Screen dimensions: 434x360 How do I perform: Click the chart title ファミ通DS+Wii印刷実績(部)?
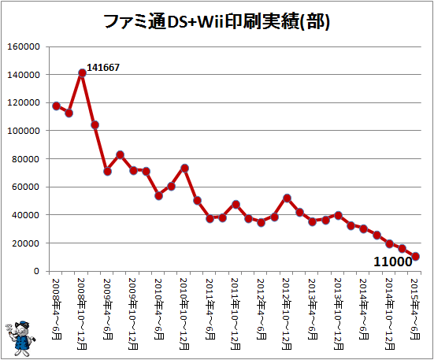coord(217,22)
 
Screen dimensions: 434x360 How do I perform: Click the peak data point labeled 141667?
coord(82,73)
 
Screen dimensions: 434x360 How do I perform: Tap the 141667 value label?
coord(103,67)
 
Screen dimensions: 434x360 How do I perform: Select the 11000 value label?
coord(393,262)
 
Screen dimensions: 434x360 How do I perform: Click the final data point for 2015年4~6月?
coord(415,256)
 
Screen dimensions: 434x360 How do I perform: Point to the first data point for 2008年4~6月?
coord(56,106)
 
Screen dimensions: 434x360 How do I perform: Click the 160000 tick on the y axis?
coord(24,46)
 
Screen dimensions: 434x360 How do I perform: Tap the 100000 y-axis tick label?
coord(24,131)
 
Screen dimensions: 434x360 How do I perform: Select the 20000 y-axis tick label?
coord(26,243)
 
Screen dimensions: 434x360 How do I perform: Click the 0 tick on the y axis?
coord(37,271)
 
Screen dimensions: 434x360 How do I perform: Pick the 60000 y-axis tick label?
coord(26,187)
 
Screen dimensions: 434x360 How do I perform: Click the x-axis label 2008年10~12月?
coord(81,314)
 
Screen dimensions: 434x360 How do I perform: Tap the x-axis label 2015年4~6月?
coord(415,309)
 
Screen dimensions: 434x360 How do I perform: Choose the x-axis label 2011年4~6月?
coord(210,309)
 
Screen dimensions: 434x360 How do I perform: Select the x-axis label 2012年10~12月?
coord(287,314)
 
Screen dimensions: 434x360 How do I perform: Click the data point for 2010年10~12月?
coord(184,169)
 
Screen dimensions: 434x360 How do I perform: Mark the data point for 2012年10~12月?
coord(287,199)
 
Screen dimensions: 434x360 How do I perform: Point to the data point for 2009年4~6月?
coord(108,172)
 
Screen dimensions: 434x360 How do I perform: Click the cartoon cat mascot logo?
coord(20,338)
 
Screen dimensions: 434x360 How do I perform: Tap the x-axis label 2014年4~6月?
coord(364,309)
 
